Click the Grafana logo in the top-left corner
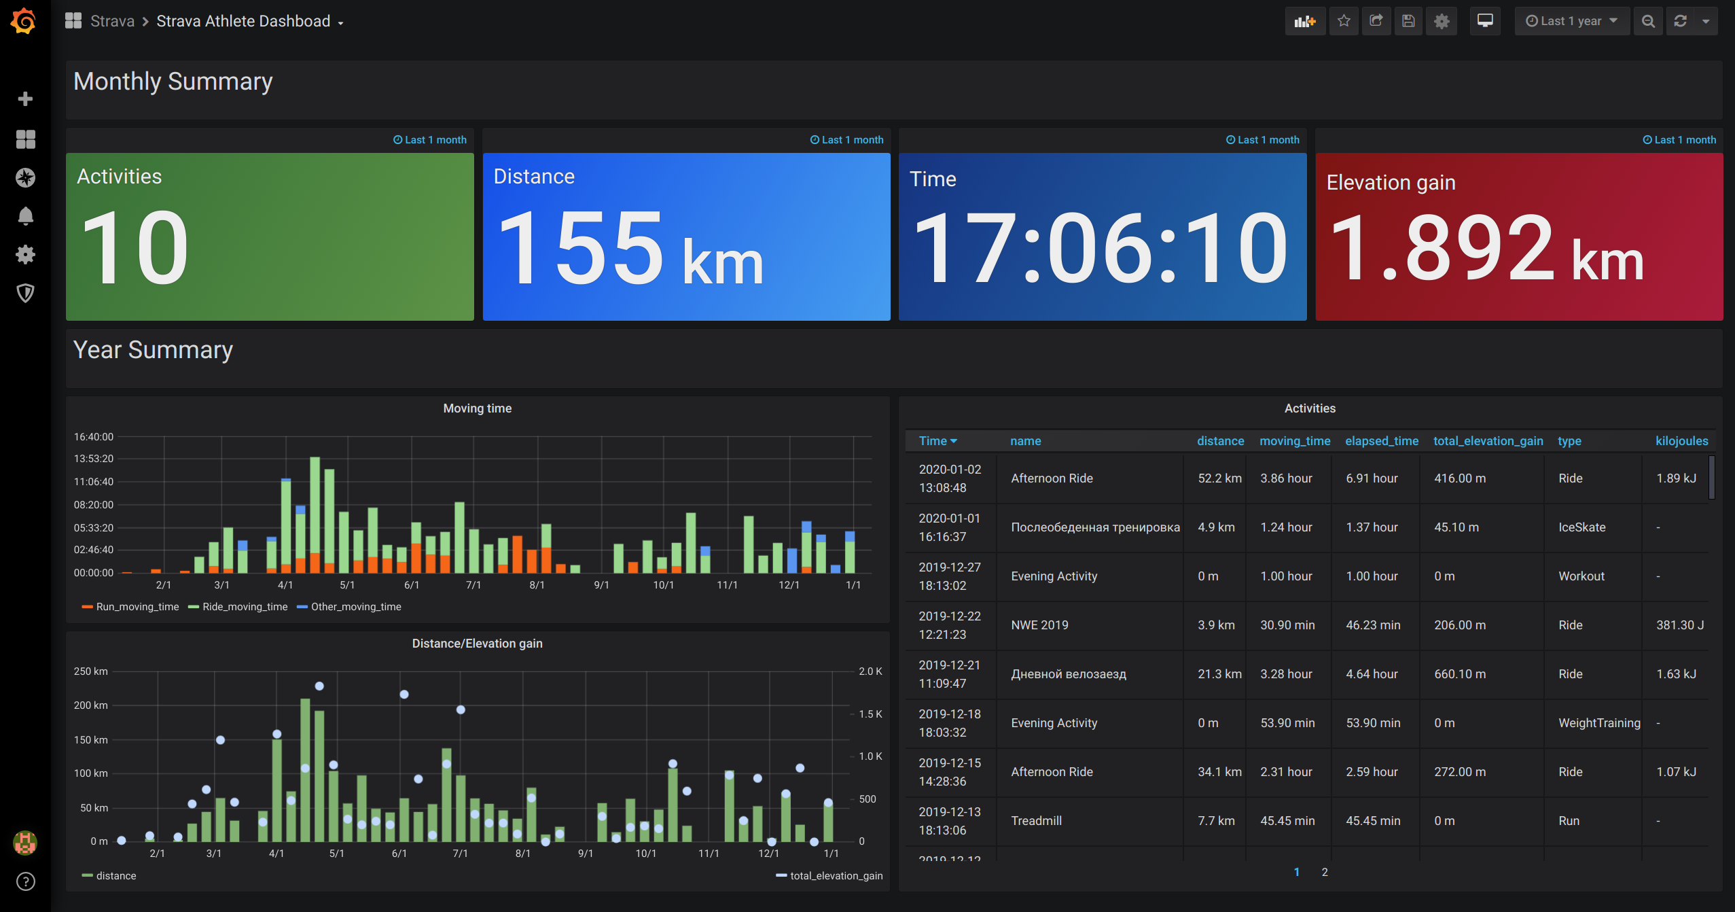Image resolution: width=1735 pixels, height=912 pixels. click(24, 21)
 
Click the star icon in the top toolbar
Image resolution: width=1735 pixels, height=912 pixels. click(1344, 21)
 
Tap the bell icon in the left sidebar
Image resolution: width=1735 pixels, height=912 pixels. click(25, 216)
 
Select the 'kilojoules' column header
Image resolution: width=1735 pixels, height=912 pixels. click(1681, 441)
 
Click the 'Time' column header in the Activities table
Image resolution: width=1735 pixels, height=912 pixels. click(937, 441)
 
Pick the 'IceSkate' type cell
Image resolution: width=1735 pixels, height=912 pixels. click(1581, 527)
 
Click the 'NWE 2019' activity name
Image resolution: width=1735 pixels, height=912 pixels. click(1039, 625)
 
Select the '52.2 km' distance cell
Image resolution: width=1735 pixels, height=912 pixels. click(1219, 478)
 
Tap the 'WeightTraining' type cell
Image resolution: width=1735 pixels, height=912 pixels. click(1598, 723)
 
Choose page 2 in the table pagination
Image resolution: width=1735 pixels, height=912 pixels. click(1324, 872)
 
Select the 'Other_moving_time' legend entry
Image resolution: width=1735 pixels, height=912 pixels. click(355, 607)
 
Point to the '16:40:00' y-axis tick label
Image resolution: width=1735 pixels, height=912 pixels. click(94, 437)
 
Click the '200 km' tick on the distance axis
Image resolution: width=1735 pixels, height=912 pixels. click(91, 705)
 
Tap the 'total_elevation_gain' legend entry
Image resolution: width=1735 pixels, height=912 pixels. click(836, 876)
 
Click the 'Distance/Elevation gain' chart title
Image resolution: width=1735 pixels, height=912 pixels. click(477, 644)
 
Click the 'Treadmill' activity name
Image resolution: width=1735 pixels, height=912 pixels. click(1036, 821)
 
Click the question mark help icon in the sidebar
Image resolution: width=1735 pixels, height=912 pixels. click(25, 881)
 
